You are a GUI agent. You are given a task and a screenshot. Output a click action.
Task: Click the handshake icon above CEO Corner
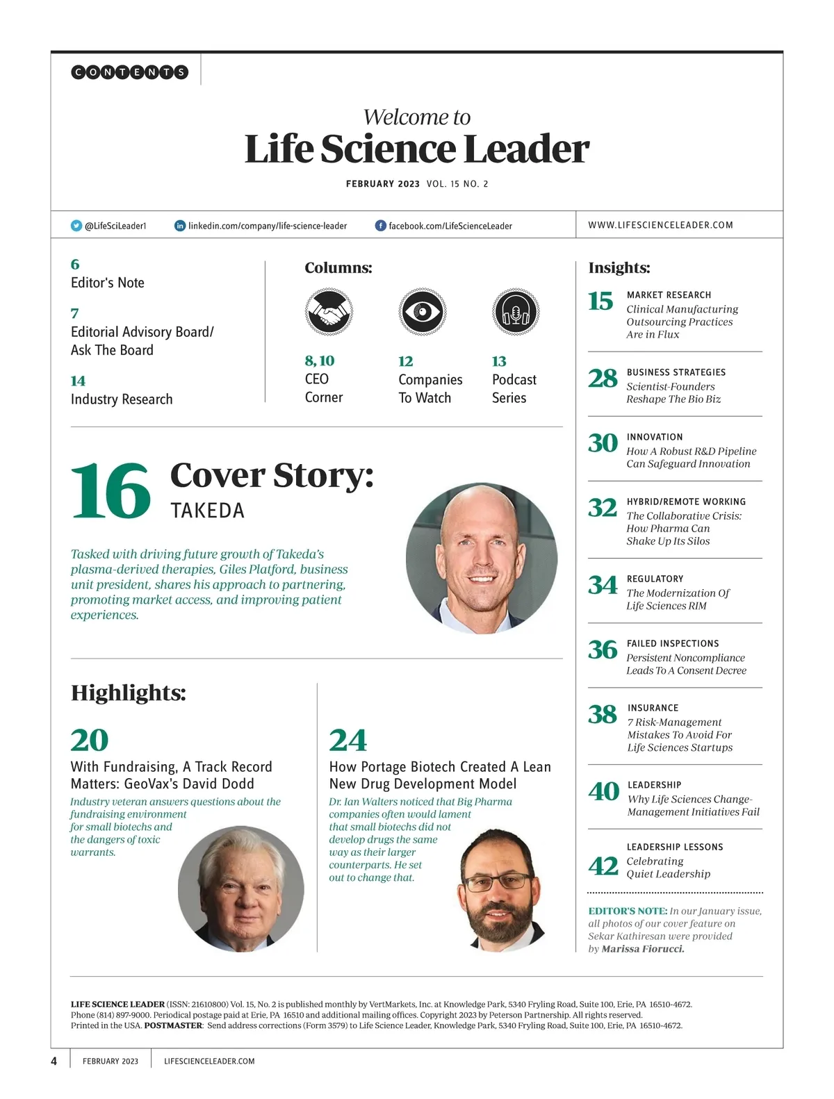click(329, 312)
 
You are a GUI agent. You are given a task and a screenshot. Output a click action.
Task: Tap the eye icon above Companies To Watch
click(422, 312)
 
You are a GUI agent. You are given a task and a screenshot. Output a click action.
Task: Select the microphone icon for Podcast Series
click(516, 312)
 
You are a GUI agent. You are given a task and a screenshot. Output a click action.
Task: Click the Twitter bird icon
click(76, 226)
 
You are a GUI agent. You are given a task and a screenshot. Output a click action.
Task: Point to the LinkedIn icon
click(180, 226)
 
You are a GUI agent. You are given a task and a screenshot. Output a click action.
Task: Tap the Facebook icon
click(381, 226)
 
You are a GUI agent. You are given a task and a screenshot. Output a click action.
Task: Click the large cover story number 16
click(111, 491)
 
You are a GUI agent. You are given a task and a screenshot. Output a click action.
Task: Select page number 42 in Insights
click(603, 866)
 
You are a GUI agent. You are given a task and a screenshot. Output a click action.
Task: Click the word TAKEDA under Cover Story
click(208, 511)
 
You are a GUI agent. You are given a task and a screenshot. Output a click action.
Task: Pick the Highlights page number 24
click(347, 741)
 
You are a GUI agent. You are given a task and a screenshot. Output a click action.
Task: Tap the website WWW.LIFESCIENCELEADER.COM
click(660, 225)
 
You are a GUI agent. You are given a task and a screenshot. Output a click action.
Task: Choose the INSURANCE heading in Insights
click(653, 708)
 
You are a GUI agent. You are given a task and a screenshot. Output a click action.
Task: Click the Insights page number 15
click(600, 301)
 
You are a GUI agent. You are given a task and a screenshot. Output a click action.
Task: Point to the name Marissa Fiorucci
click(643, 949)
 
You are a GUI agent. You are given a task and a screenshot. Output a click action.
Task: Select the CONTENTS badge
click(130, 72)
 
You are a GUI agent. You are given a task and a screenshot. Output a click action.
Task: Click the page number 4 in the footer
click(54, 1061)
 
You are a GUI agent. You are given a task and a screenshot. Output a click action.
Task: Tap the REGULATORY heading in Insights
click(655, 579)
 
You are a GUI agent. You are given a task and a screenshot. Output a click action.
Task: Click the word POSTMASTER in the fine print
click(173, 1025)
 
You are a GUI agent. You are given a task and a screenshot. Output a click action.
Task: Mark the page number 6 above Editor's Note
click(75, 265)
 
